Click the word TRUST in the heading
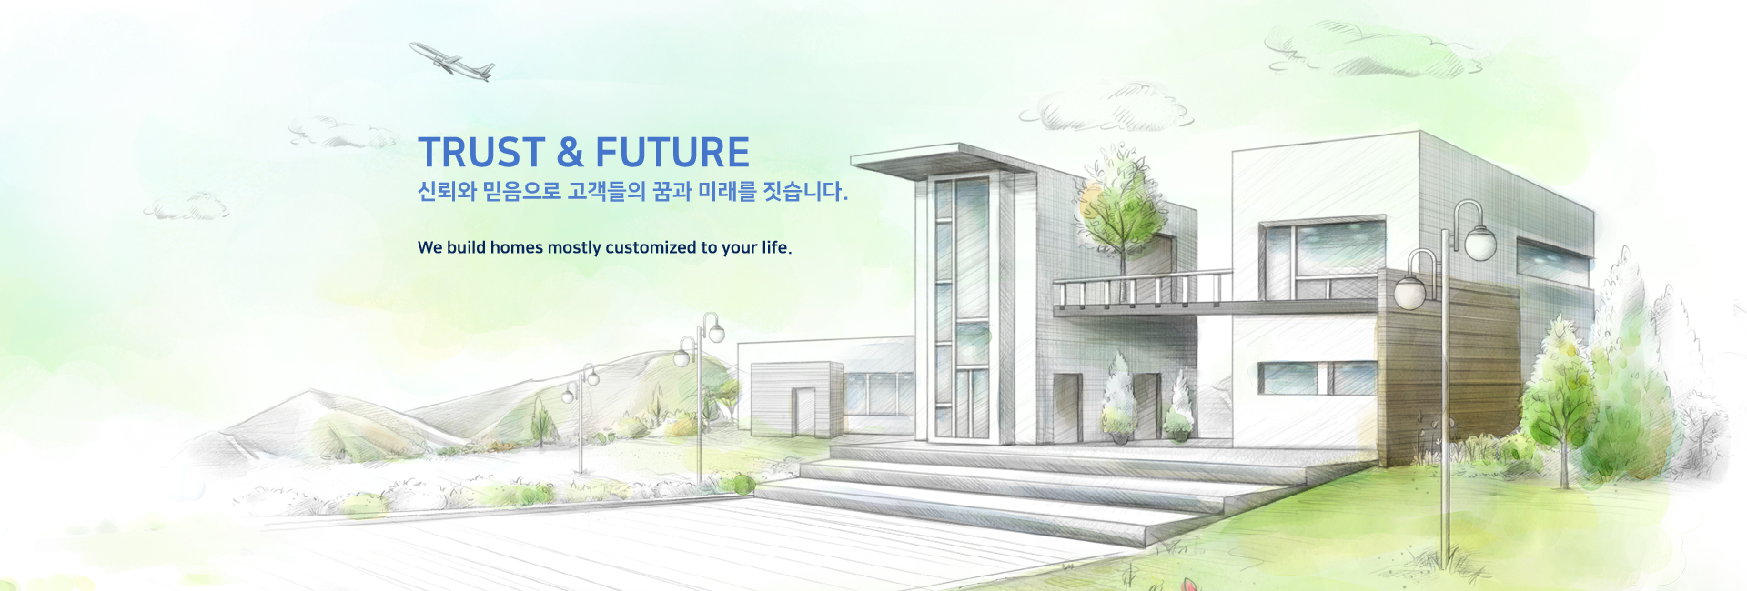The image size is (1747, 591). (x=481, y=153)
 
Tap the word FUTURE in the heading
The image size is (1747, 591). (x=672, y=153)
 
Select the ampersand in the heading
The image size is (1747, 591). (x=571, y=153)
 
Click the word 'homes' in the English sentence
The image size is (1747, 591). (x=516, y=247)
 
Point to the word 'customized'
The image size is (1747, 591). (x=651, y=247)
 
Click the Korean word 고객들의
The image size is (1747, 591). (x=606, y=192)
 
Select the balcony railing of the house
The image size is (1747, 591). (x=1143, y=288)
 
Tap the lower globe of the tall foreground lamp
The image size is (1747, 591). (x=1409, y=292)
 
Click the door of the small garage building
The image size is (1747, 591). (x=803, y=411)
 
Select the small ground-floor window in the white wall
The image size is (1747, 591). (x=1317, y=377)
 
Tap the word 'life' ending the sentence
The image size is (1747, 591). (x=775, y=247)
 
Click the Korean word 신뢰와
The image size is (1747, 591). (x=447, y=192)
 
